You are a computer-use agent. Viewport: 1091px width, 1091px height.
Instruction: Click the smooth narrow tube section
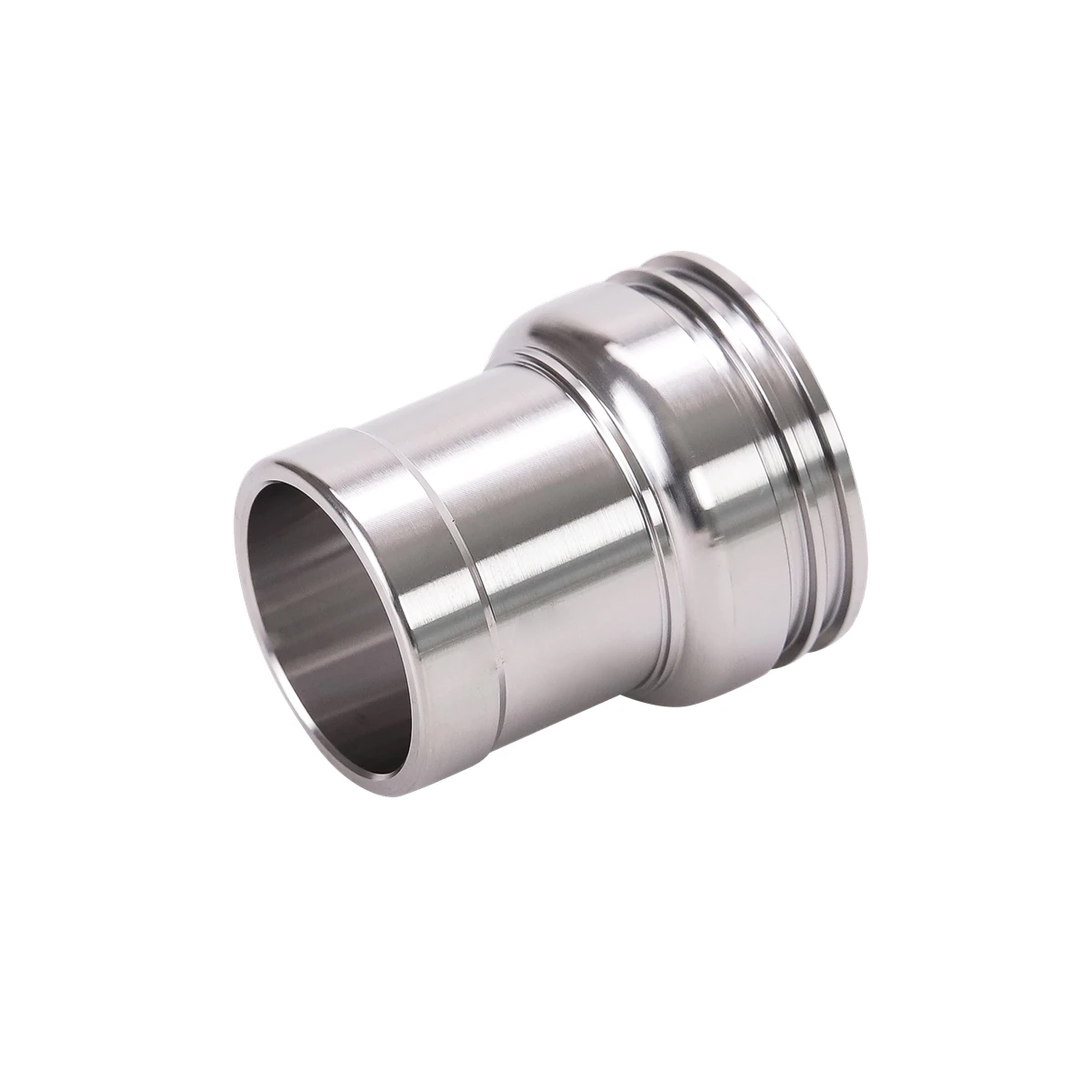(x=564, y=545)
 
